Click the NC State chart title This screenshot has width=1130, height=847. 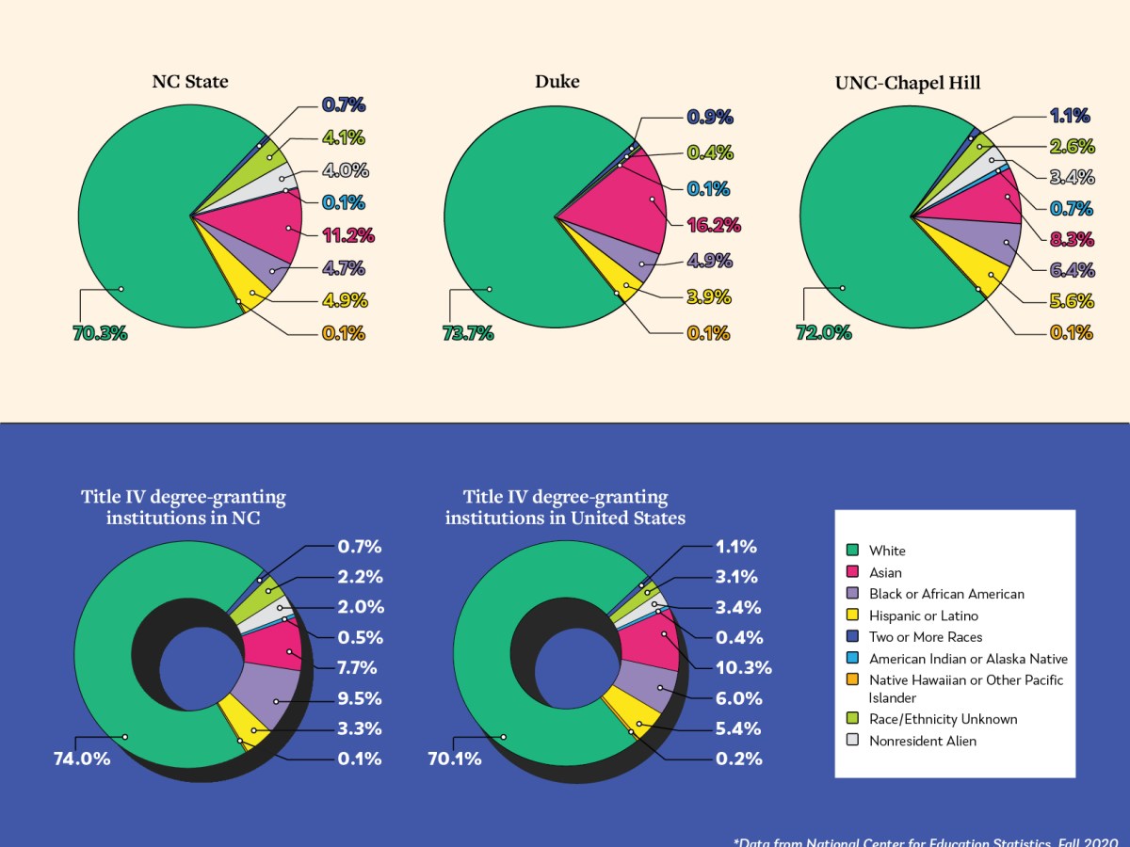tap(190, 82)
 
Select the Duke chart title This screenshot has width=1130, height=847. tap(557, 82)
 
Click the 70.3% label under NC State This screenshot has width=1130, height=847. tap(99, 332)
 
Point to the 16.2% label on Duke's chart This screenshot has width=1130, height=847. tap(714, 226)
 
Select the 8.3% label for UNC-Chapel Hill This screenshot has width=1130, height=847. tap(1071, 239)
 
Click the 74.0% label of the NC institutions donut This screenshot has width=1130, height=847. tap(81, 758)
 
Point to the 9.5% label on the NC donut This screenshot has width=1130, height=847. tap(360, 698)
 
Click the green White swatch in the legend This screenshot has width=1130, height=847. tap(853, 551)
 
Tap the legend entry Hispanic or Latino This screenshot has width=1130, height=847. tap(923, 615)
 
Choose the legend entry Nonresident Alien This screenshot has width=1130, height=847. tap(922, 741)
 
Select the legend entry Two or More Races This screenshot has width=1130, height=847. tap(925, 637)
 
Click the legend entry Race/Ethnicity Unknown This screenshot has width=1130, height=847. tap(943, 719)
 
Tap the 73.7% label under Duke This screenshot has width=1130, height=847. tap(468, 332)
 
